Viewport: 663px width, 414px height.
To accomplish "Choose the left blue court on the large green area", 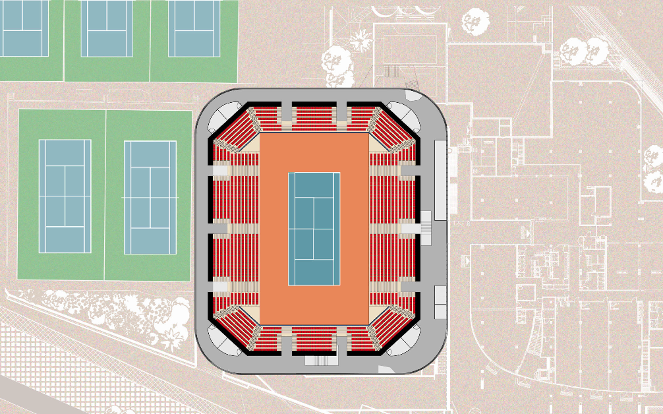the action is (65, 196).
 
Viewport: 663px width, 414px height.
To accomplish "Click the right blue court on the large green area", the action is (150, 197).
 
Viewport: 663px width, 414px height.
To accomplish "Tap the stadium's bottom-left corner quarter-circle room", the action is (224, 339).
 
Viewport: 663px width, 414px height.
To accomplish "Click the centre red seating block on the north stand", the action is (314, 117).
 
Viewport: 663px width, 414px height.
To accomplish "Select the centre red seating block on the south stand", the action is (314, 340).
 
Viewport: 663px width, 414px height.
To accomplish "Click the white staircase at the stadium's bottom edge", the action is (321, 361).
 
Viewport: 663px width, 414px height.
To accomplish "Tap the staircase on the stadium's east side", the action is (426, 227).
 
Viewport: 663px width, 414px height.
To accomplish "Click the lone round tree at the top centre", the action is (474, 21).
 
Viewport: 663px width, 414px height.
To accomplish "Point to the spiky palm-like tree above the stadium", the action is (360, 40).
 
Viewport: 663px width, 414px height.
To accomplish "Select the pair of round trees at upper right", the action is (584, 50).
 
